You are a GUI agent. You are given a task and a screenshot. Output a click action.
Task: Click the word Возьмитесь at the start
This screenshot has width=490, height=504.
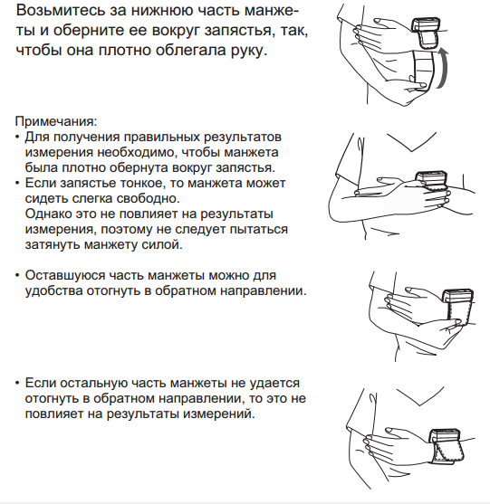pos(61,11)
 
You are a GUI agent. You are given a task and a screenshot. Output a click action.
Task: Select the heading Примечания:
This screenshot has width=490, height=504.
pos(56,121)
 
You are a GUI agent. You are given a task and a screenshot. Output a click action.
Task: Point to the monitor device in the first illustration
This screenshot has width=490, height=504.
pos(427,33)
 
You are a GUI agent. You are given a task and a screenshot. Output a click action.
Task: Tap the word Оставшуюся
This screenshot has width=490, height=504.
pos(65,275)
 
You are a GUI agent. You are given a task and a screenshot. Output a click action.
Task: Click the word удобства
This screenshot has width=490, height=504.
pos(53,290)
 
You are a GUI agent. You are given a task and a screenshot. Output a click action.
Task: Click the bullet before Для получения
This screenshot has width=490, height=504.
pos(17,138)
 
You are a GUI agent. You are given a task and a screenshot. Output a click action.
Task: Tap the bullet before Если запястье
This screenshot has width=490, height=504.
pos(17,184)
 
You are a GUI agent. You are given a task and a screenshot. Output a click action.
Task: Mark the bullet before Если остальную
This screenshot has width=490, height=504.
pos(17,384)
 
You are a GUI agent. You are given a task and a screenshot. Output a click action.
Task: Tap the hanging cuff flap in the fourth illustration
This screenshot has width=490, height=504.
pos(449,453)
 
